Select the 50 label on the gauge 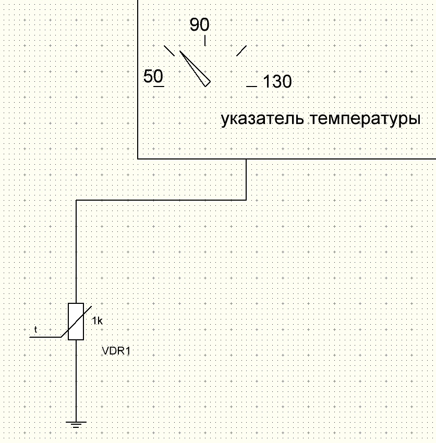pos(153,77)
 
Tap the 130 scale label pos(277,82)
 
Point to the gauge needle pos(195,68)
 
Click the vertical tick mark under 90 pos(204,41)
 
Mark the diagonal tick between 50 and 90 pos(169,51)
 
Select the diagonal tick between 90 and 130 pos(241,51)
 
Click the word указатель pos(263,119)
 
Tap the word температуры pos(366,119)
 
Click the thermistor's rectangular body pos(76,321)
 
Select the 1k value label pos(97,321)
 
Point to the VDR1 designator pos(116,352)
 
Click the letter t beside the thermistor pos(35,329)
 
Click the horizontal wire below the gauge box pos(162,200)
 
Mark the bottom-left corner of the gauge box pos(138,158)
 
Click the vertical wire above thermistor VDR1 pos(76,250)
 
